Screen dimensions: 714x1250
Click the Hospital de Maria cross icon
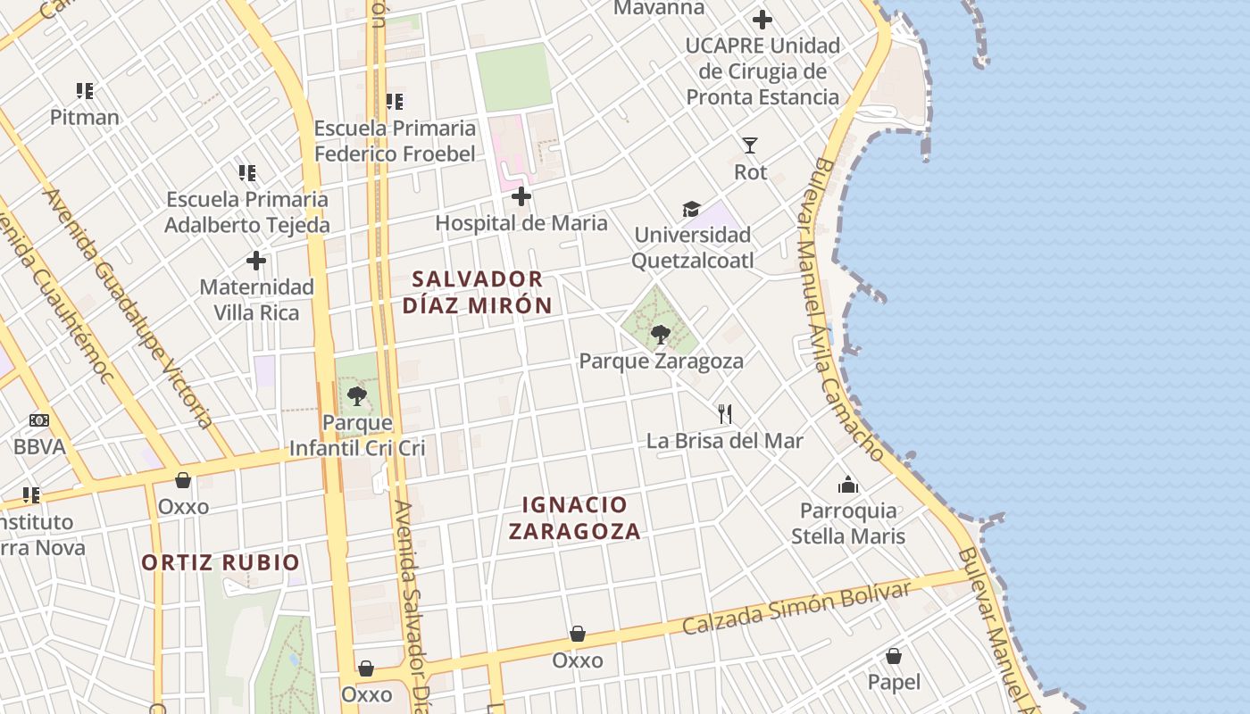click(x=521, y=196)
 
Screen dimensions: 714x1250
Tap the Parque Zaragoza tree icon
click(x=661, y=335)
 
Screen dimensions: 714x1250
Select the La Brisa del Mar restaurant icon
click(x=725, y=413)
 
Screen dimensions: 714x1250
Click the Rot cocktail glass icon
click(x=750, y=145)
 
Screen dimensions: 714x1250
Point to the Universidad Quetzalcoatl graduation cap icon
click(x=692, y=209)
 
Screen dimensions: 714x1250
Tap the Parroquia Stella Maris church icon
click(x=847, y=485)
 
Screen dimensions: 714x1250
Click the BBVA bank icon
click(x=39, y=420)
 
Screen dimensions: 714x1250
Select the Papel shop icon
click(x=894, y=656)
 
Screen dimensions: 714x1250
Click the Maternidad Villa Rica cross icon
click(x=256, y=261)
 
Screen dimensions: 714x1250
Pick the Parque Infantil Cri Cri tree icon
click(x=357, y=395)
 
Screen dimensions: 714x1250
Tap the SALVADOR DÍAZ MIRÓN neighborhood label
click(x=477, y=292)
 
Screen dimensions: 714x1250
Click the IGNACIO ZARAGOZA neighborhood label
click(x=575, y=519)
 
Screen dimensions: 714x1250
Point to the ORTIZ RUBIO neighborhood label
click(x=221, y=562)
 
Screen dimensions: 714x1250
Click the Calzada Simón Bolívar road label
click(x=796, y=607)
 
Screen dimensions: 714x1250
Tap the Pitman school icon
click(x=85, y=90)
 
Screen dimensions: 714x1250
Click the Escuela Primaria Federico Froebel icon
click(x=395, y=102)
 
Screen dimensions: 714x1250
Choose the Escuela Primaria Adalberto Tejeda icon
click(x=247, y=172)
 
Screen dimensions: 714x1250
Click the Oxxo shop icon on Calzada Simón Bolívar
click(x=578, y=634)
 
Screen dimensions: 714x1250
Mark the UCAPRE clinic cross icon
click(x=762, y=19)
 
